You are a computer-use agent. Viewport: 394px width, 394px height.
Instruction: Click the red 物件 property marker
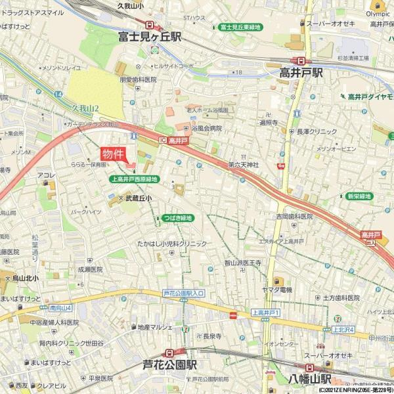coord(113,154)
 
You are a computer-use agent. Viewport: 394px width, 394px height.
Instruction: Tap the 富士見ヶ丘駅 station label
coord(150,37)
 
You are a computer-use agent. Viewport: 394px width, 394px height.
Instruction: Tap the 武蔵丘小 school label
coord(139,198)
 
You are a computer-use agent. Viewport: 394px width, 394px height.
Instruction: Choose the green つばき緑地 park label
coord(178,218)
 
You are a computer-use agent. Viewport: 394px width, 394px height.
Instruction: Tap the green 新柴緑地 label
coord(359,196)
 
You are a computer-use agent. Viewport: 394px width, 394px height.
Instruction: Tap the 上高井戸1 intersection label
coord(266,313)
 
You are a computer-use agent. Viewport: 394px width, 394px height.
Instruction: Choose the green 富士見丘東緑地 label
coord(240,27)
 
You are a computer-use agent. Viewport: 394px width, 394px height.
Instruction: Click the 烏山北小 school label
coord(26,278)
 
